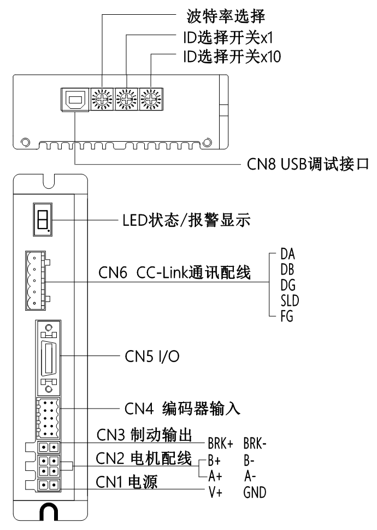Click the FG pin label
[x=287, y=316]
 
